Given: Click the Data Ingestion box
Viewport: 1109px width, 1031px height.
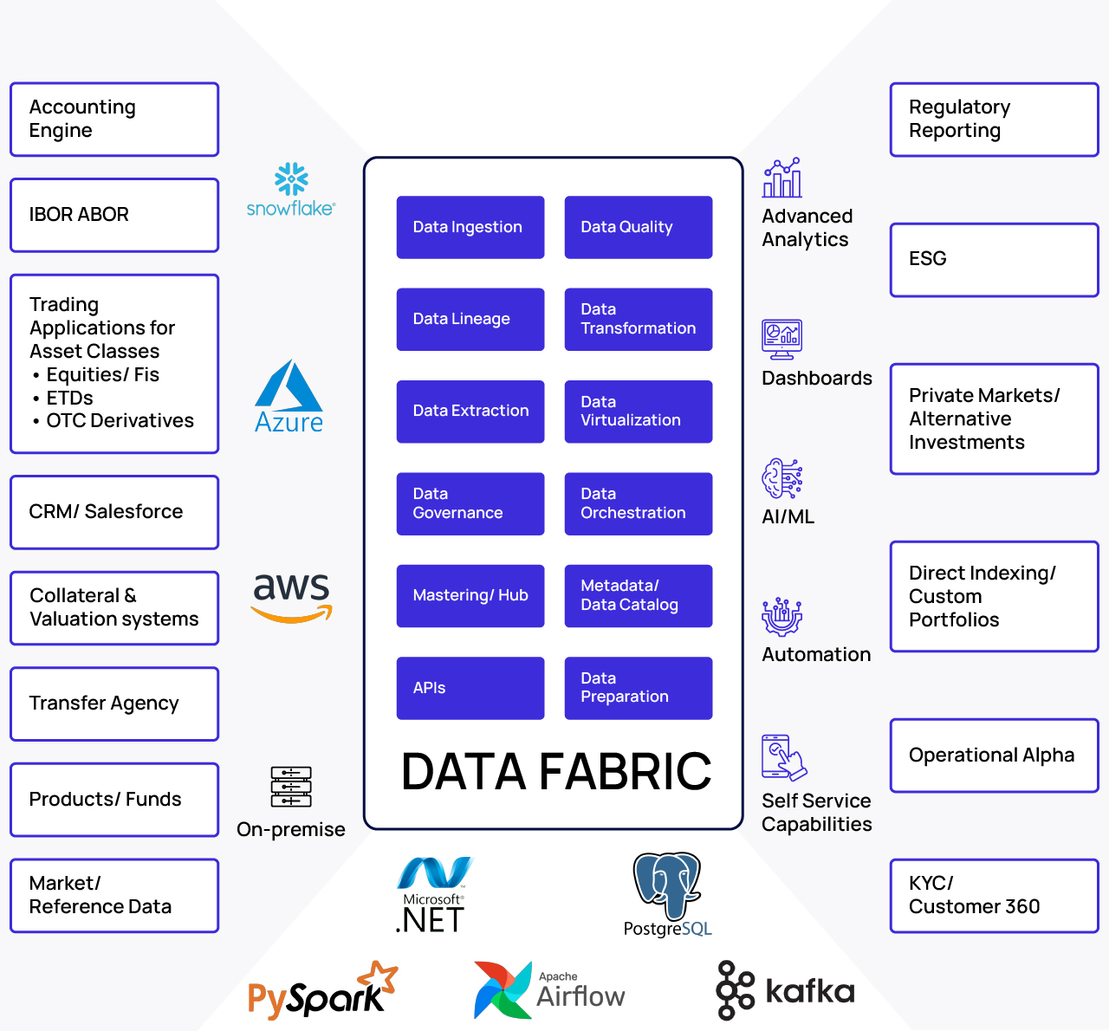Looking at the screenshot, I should pos(470,227).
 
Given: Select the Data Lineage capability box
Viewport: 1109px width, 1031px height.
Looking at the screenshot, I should pos(470,319).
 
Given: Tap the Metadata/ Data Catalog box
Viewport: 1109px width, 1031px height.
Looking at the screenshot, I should pos(638,595).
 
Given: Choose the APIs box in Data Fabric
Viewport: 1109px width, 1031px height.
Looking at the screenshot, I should pos(470,688).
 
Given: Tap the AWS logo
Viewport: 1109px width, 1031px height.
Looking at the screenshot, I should pos(292,597).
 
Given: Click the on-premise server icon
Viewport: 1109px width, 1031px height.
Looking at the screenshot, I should pos(291,787).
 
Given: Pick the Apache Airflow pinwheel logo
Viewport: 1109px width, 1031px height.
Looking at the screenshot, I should pos(503,989).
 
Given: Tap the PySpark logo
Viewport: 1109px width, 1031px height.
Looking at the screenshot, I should pos(321,991).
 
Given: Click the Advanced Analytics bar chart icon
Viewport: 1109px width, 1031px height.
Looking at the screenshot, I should pos(781,178).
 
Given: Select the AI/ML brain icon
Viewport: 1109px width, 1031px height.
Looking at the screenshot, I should pos(781,478).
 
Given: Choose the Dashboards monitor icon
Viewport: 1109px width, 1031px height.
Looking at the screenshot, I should pos(781,339).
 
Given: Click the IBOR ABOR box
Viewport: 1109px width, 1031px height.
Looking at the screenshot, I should pos(114,215).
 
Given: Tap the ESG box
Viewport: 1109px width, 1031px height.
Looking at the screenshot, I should pos(994,259).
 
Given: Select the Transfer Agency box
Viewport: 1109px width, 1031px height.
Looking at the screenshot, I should pos(114,704).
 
